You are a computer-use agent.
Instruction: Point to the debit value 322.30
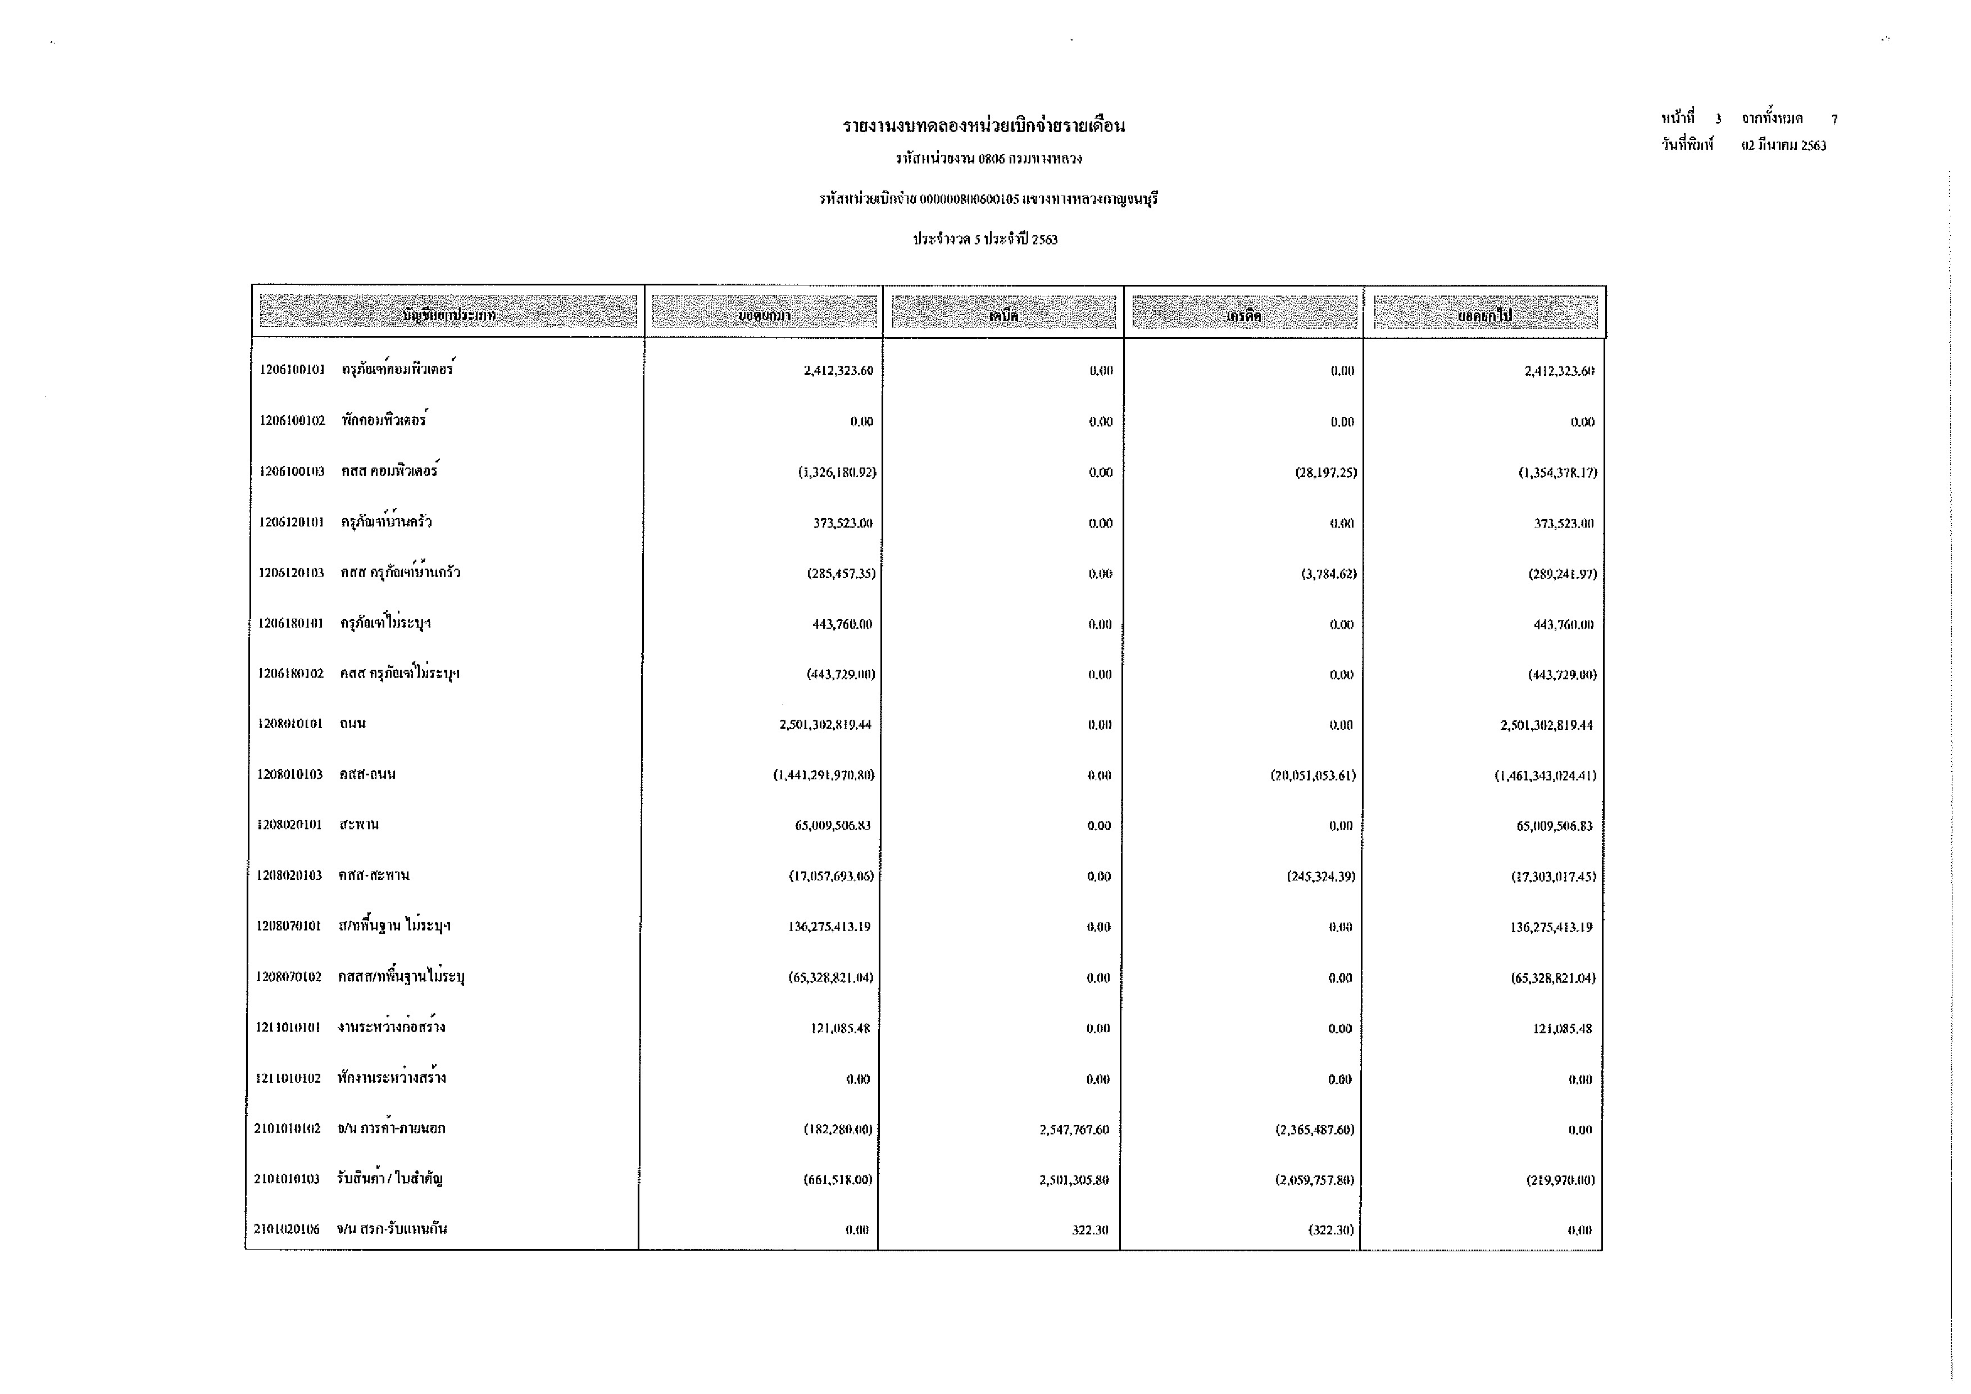(1089, 1230)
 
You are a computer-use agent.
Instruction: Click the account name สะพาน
(359, 825)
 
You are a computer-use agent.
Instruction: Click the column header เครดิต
(1244, 315)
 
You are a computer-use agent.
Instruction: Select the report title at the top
(984, 126)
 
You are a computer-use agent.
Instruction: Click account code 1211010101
(288, 1028)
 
